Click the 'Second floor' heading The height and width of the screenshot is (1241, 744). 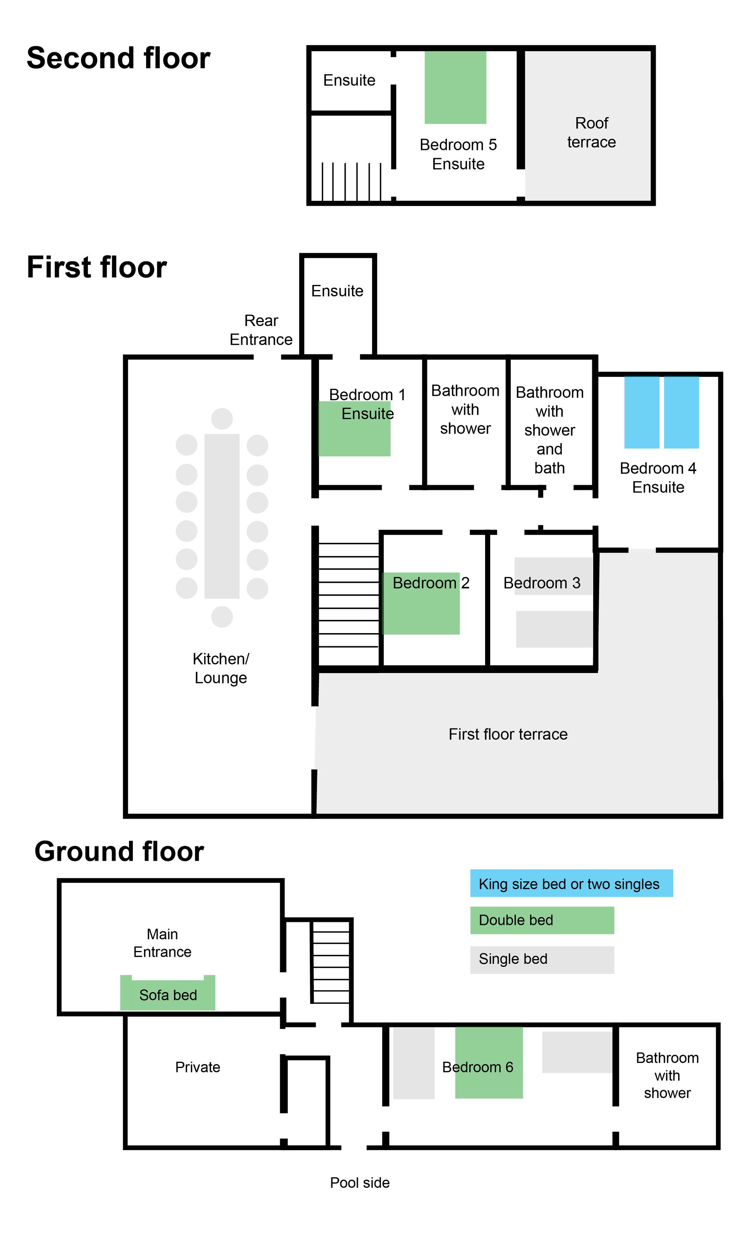(x=118, y=58)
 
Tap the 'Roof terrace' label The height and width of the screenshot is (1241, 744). (x=592, y=133)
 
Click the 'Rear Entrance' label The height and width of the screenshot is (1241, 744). (x=261, y=330)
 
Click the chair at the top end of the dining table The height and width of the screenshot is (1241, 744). (x=222, y=418)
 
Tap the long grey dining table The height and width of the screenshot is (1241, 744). (x=222, y=516)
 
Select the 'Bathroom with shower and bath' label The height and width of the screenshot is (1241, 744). (x=549, y=430)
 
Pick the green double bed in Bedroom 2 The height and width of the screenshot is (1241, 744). (x=421, y=604)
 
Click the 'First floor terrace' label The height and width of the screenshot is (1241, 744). (x=508, y=734)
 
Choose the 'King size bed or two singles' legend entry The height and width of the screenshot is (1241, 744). (x=572, y=883)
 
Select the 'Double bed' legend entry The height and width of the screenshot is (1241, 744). (x=542, y=920)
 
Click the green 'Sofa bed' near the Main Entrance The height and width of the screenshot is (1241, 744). (x=167, y=993)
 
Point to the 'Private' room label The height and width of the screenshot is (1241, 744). (x=198, y=1067)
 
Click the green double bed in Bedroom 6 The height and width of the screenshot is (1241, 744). (x=489, y=1062)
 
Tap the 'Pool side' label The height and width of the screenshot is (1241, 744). (x=360, y=1183)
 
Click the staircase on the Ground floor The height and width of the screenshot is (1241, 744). (x=331, y=961)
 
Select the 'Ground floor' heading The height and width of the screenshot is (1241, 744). (x=119, y=851)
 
